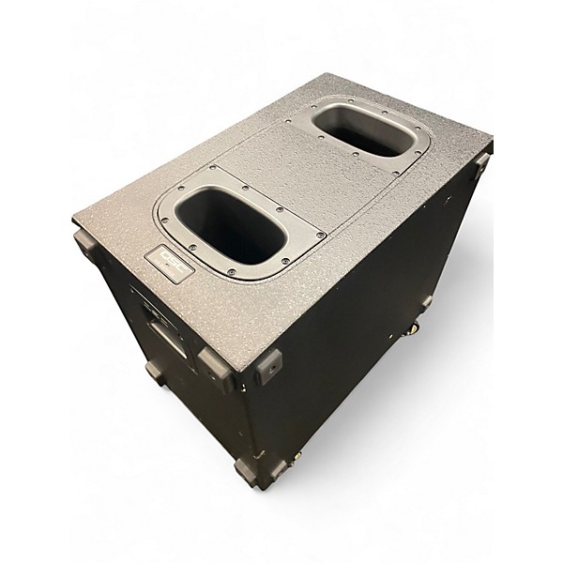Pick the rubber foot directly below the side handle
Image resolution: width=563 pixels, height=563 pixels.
pos(155,372)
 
